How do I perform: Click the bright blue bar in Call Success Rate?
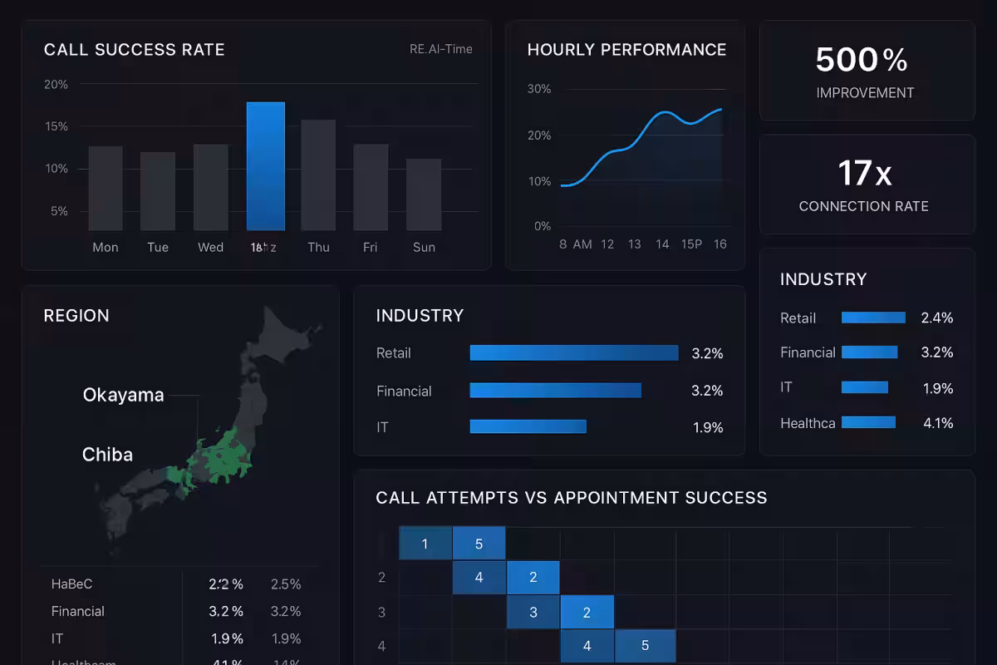click(x=266, y=166)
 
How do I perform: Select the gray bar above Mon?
click(x=106, y=189)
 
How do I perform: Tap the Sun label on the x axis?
click(x=424, y=247)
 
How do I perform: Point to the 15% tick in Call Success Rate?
click(x=56, y=126)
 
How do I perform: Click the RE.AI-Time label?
click(x=440, y=49)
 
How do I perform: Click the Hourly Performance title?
click(x=626, y=50)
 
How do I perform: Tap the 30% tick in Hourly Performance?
click(x=539, y=89)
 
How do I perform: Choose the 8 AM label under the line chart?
click(x=576, y=244)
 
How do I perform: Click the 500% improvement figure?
click(x=862, y=60)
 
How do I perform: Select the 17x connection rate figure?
click(x=864, y=173)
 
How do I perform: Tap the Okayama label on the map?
click(x=123, y=395)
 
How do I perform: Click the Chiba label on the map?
click(x=107, y=455)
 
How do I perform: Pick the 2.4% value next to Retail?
click(x=937, y=318)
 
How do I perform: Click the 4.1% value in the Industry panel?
click(x=938, y=423)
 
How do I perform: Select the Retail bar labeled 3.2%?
click(x=573, y=352)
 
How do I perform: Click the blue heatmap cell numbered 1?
click(x=425, y=544)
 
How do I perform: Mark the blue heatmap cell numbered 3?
click(x=533, y=613)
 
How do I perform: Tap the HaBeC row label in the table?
click(x=71, y=584)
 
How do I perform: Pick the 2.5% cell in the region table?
click(x=286, y=584)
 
